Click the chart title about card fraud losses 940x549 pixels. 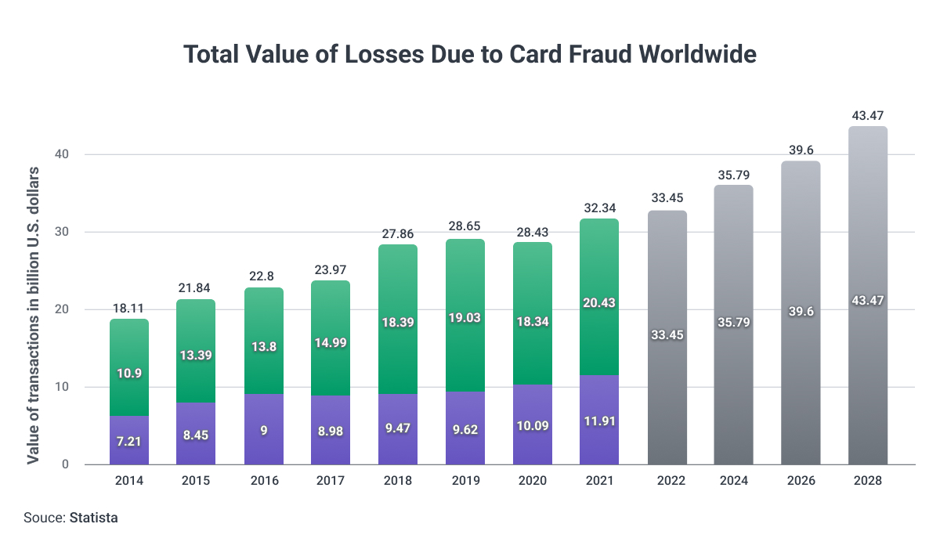470,54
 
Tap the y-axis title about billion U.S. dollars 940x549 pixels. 33,315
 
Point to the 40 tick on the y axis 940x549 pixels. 62,154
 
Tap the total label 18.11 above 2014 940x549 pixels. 128,308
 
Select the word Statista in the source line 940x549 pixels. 94,518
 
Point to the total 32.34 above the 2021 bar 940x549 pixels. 599,208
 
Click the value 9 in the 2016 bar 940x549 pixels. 264,430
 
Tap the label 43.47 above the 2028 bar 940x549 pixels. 868,116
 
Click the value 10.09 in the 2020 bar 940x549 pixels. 533,430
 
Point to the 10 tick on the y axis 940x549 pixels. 62,387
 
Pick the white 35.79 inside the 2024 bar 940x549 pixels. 734,322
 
